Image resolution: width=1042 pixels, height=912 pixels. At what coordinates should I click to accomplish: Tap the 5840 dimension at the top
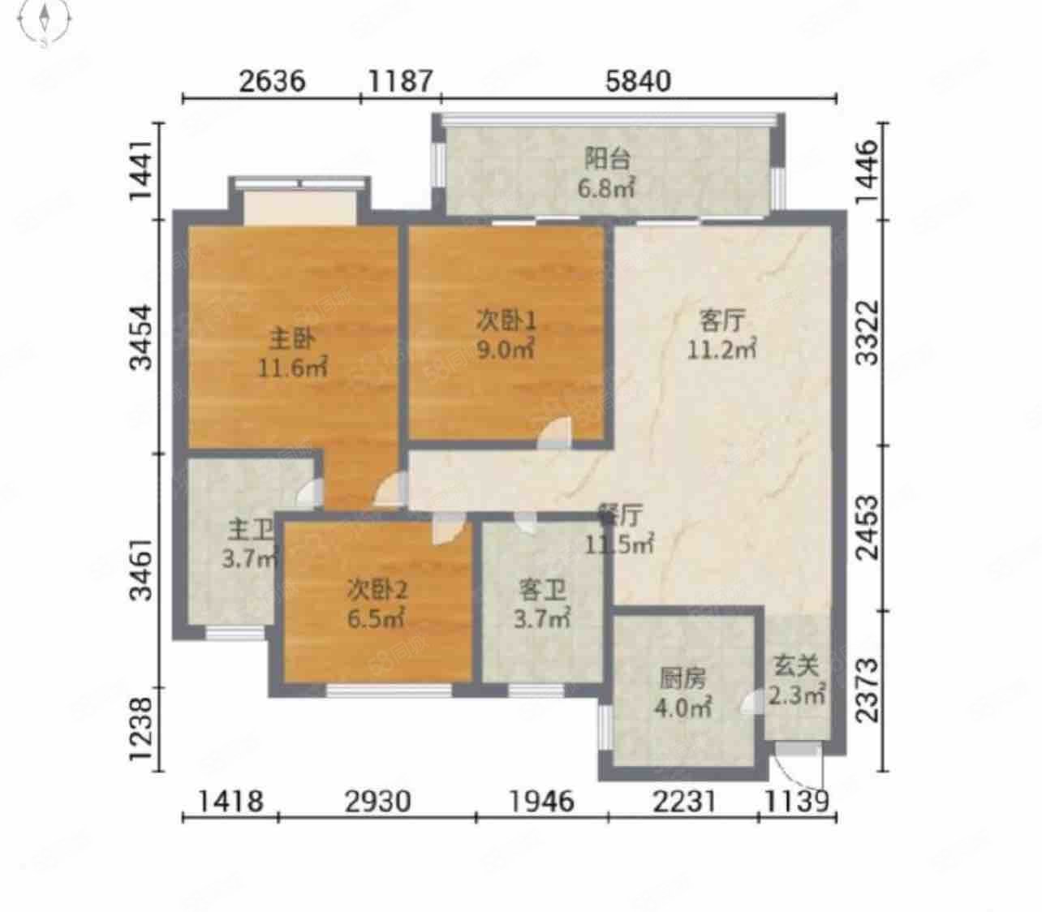pyautogui.click(x=638, y=81)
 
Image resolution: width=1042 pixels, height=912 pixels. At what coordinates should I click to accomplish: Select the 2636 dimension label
pyautogui.click(x=272, y=81)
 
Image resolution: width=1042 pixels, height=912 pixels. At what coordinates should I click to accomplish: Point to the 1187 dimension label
pyautogui.click(x=400, y=81)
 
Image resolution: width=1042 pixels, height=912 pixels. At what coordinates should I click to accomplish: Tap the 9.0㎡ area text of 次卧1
pyautogui.click(x=506, y=350)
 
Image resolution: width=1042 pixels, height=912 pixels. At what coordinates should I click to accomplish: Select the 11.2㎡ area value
pyautogui.click(x=721, y=350)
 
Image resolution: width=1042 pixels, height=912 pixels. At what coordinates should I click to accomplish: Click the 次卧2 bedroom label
pyautogui.click(x=377, y=590)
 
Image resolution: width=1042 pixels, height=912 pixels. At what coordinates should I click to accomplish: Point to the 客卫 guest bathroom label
pyautogui.click(x=542, y=591)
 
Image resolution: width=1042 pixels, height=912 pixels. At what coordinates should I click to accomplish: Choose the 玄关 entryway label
pyautogui.click(x=796, y=666)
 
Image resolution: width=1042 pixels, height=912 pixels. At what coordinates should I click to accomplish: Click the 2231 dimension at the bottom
pyautogui.click(x=684, y=801)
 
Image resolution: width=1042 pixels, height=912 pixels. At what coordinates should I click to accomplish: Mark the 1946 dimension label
pyautogui.click(x=541, y=801)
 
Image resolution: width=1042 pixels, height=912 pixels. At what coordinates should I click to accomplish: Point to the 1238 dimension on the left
pyautogui.click(x=140, y=729)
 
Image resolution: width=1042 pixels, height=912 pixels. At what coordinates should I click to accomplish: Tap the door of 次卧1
pyautogui.click(x=554, y=434)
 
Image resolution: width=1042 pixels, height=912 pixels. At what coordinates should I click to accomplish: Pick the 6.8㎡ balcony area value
pyautogui.click(x=606, y=188)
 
